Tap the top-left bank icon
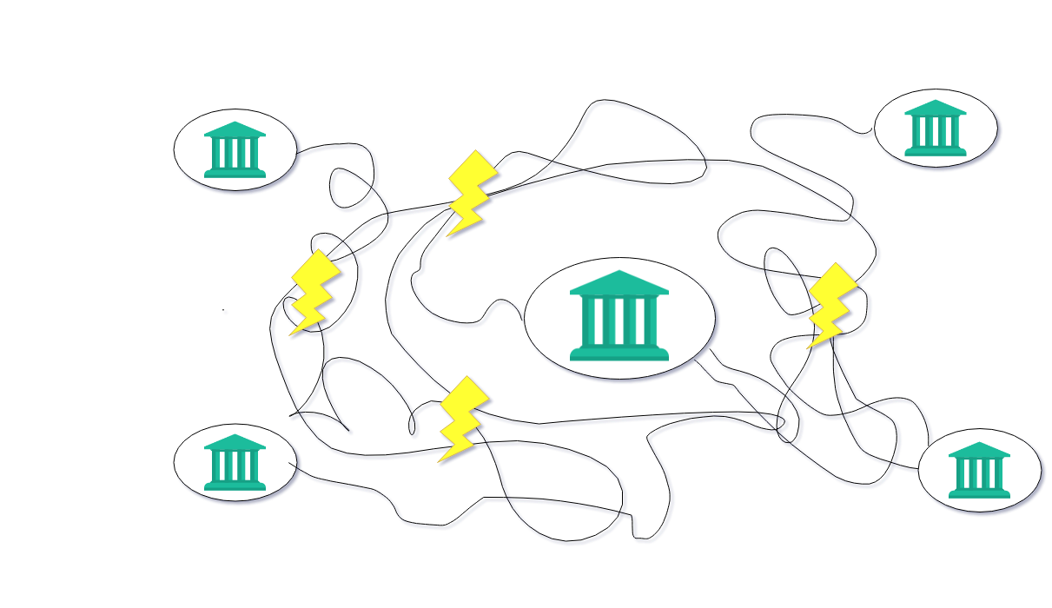point(235,150)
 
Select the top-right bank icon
point(935,129)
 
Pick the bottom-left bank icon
point(235,463)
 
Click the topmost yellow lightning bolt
point(472,193)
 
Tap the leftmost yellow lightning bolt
point(314,292)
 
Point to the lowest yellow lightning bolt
point(462,419)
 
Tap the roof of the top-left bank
point(235,129)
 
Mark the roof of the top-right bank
point(935,108)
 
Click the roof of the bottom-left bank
point(235,442)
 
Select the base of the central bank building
point(619,353)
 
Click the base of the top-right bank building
point(935,151)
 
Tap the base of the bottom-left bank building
point(235,486)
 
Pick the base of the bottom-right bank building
point(979,493)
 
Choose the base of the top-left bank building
point(235,173)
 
